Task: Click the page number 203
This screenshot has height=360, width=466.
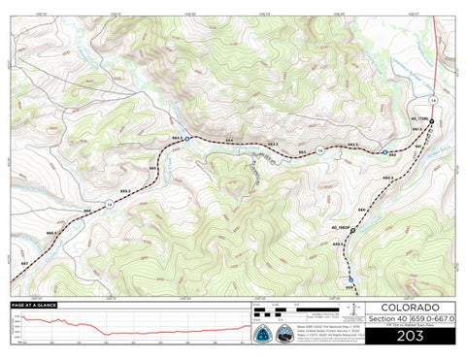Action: (x=398, y=338)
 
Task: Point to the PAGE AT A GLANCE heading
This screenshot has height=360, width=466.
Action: (x=34, y=305)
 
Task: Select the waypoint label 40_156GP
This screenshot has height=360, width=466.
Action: (x=341, y=226)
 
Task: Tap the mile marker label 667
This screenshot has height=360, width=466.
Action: (x=23, y=263)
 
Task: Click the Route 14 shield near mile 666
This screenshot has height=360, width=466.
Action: (x=111, y=205)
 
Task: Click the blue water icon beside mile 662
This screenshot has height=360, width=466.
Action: (x=385, y=152)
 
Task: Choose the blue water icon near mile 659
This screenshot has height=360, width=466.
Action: (x=350, y=279)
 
